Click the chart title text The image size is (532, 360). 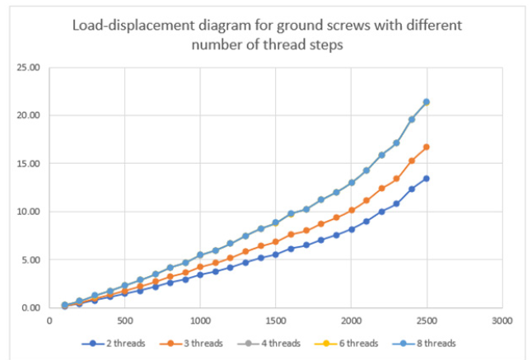point(267,34)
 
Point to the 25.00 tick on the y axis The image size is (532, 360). point(30,67)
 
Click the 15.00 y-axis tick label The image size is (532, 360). point(30,163)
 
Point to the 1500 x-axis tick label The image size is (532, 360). point(276,319)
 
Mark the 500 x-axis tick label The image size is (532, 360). point(124,319)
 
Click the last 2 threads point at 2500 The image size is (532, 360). point(427,178)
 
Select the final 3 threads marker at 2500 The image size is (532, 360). point(427,147)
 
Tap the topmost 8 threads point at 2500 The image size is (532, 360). point(427,102)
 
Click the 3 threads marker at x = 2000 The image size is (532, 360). point(352,210)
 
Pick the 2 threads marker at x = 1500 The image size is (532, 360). point(276,255)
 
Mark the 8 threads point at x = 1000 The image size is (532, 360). point(200,255)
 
